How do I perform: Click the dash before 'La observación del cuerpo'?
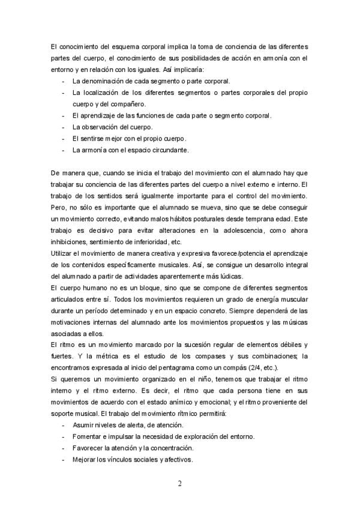[x=64, y=127]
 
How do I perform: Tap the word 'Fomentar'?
[x=88, y=437]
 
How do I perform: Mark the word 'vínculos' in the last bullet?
[x=120, y=460]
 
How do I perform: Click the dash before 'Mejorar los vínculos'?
[x=64, y=460]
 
